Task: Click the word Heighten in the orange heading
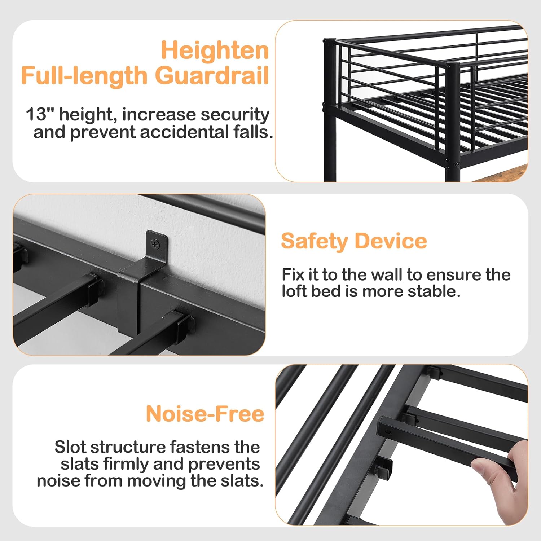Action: pos(215,50)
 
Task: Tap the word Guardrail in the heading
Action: pos(212,76)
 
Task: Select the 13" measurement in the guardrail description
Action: pos(40,115)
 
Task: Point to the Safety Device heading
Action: pos(354,241)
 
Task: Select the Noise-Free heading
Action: pos(205,414)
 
